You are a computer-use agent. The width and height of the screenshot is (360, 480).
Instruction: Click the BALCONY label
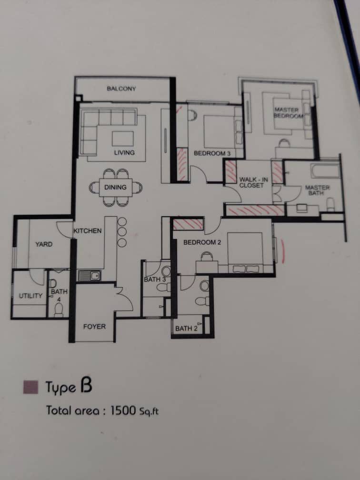(x=121, y=89)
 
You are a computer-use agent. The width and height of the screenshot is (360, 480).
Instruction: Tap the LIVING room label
(x=124, y=152)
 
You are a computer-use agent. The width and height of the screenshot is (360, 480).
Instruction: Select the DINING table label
(x=115, y=187)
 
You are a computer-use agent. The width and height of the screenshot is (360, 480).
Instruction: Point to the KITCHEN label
(x=88, y=231)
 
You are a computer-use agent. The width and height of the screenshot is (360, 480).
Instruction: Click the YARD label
(x=44, y=244)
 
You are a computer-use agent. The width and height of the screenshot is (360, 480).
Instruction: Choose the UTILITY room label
(x=30, y=296)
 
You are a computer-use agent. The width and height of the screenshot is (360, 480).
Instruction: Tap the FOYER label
(x=94, y=327)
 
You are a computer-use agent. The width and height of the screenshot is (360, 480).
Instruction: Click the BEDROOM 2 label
(x=202, y=242)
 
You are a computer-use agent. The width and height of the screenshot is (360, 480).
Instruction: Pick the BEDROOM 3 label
(x=212, y=153)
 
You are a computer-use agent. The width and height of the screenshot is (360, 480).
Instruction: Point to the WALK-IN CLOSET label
(x=253, y=182)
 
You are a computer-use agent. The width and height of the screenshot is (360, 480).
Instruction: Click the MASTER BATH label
(x=317, y=190)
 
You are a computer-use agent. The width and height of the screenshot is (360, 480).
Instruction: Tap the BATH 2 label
(x=187, y=329)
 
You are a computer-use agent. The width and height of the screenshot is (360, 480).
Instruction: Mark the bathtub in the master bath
(x=325, y=171)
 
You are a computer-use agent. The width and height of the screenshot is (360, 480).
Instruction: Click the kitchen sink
(x=90, y=276)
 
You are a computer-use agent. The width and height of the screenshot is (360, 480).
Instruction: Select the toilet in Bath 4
(x=59, y=310)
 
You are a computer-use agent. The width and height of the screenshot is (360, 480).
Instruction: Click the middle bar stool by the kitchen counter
(x=122, y=232)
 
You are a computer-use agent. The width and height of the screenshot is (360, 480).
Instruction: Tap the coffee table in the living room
(x=123, y=139)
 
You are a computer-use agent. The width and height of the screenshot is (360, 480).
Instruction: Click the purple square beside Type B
(x=30, y=387)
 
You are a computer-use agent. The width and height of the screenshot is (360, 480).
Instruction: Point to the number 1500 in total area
(x=123, y=410)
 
